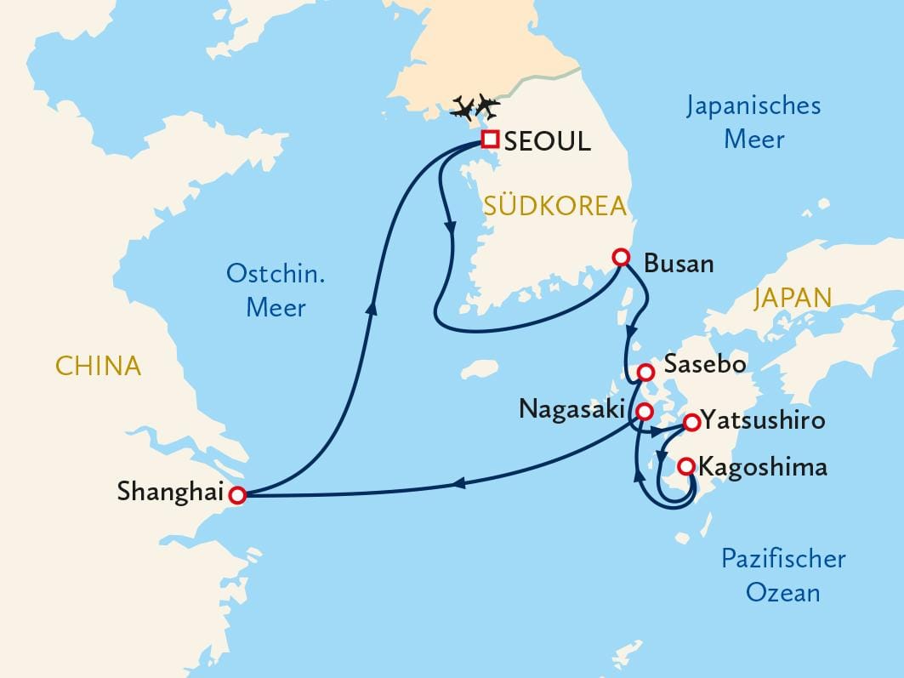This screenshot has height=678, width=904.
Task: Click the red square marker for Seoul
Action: [x=490, y=140]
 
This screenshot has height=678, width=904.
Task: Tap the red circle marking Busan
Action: [x=622, y=257]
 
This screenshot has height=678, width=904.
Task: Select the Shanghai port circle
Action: [x=238, y=494]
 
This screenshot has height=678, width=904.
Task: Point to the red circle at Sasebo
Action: [x=645, y=372]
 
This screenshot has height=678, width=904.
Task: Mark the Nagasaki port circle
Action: [x=645, y=412]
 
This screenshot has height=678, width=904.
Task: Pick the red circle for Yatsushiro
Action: [x=692, y=421]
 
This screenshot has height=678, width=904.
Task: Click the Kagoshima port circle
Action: [x=685, y=465]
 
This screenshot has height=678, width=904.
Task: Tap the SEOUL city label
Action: [x=547, y=142]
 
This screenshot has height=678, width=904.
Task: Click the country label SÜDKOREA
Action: [x=554, y=206]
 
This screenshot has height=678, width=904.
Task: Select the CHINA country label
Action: [x=98, y=366]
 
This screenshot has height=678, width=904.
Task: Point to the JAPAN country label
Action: [x=792, y=298]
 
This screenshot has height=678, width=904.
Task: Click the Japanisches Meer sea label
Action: [x=753, y=122]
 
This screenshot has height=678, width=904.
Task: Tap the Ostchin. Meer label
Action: [x=276, y=290]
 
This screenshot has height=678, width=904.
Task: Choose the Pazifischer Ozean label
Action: [x=783, y=575]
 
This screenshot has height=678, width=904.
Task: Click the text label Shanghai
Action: [x=170, y=491]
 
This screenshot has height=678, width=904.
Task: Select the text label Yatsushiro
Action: [x=763, y=420]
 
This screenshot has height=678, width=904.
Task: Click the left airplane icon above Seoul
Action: [x=463, y=107]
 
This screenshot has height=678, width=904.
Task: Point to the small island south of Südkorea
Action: [x=480, y=370]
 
